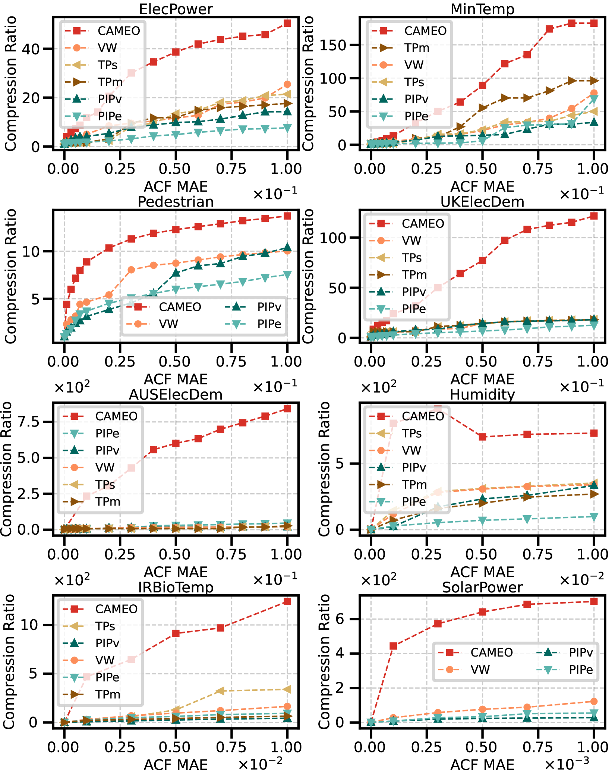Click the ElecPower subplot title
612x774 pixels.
[176, 9]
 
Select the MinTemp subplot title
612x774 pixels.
[482, 9]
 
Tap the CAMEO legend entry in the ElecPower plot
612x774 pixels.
[119, 31]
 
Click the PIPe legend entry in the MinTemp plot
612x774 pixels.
[416, 116]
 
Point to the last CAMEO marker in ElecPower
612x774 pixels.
[287, 23]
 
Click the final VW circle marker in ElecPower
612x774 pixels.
[287, 84]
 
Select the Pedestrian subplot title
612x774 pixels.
[176, 202]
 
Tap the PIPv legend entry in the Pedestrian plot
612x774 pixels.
[269, 307]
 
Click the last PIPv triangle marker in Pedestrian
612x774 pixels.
[287, 247]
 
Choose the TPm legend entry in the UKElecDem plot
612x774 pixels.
[414, 275]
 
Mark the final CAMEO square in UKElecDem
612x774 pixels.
[594, 216]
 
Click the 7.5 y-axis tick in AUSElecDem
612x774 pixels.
[28, 422]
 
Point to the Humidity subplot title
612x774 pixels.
[482, 394]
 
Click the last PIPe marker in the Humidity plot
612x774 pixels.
[594, 517]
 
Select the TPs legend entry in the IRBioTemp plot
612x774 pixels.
[105, 626]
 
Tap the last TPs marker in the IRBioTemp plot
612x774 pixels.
[287, 689]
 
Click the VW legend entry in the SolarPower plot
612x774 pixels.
[480, 670]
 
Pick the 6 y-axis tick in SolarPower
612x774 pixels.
[340, 619]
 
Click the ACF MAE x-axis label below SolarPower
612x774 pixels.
[482, 765]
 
